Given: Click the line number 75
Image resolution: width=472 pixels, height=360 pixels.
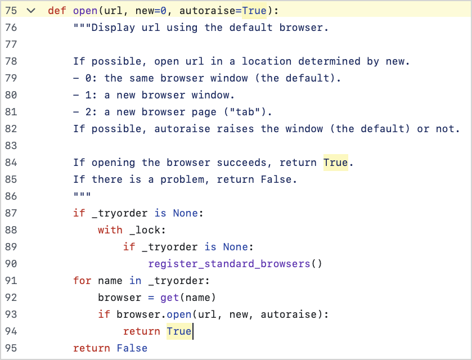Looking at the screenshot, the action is pos(11,11).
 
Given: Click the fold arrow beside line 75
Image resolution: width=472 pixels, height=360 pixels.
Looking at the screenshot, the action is pos(31,11).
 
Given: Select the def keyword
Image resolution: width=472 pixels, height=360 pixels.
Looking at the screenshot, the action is pos(57,11).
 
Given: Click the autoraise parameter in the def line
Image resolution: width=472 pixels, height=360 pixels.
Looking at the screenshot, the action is pos(208,11).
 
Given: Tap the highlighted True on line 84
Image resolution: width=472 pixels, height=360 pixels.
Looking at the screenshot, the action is pos(336,163).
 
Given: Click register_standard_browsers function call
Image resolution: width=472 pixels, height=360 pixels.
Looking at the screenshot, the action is pos(229,264).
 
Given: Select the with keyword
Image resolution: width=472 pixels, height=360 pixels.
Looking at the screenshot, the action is pos(110,230).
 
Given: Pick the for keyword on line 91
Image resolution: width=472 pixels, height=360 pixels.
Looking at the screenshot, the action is pos(82,281).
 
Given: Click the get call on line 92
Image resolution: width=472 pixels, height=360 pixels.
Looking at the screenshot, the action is pos(169,298).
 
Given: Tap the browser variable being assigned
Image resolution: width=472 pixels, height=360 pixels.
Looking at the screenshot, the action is pos(119,298).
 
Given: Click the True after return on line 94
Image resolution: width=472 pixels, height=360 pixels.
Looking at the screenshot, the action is pos(179,331).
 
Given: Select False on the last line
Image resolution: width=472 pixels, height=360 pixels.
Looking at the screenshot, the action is pos(132,348).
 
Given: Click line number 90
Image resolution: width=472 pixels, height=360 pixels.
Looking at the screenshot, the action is pos(11,264).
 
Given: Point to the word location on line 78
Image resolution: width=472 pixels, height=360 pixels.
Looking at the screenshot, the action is pos(267,61).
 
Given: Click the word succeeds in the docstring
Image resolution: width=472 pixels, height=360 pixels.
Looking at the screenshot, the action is pos(242,163).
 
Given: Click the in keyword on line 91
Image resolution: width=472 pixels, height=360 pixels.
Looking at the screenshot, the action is pos(135,281).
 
